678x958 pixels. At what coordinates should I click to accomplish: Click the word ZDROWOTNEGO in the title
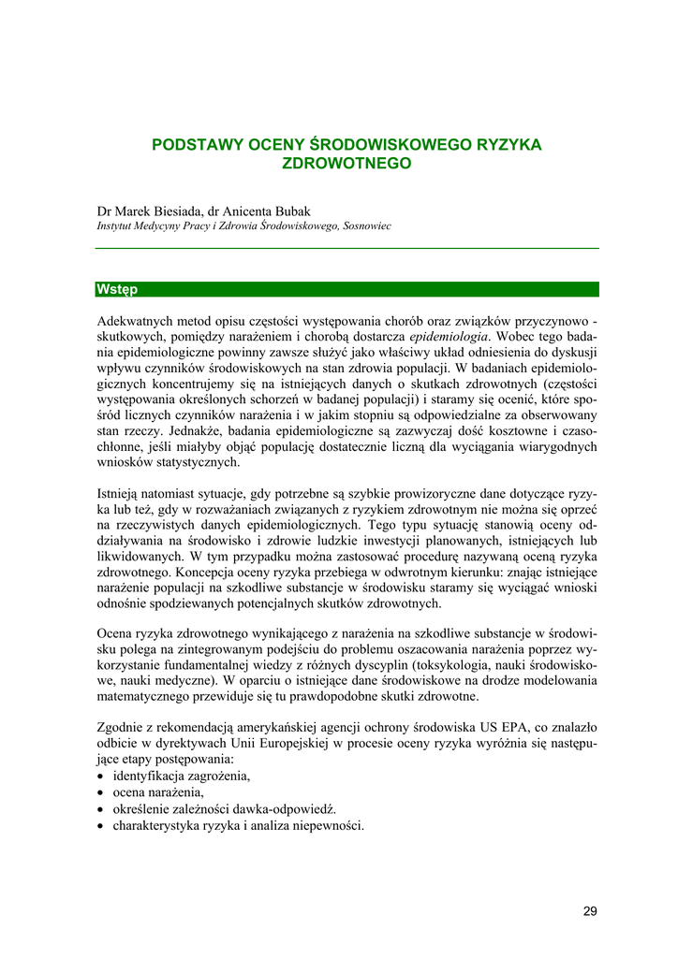point(347,163)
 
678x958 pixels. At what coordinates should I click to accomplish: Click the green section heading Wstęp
point(117,289)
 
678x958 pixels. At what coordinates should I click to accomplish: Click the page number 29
point(589,911)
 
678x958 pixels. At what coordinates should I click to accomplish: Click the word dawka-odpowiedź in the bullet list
point(287,809)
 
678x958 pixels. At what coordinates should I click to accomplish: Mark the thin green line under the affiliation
point(347,248)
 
